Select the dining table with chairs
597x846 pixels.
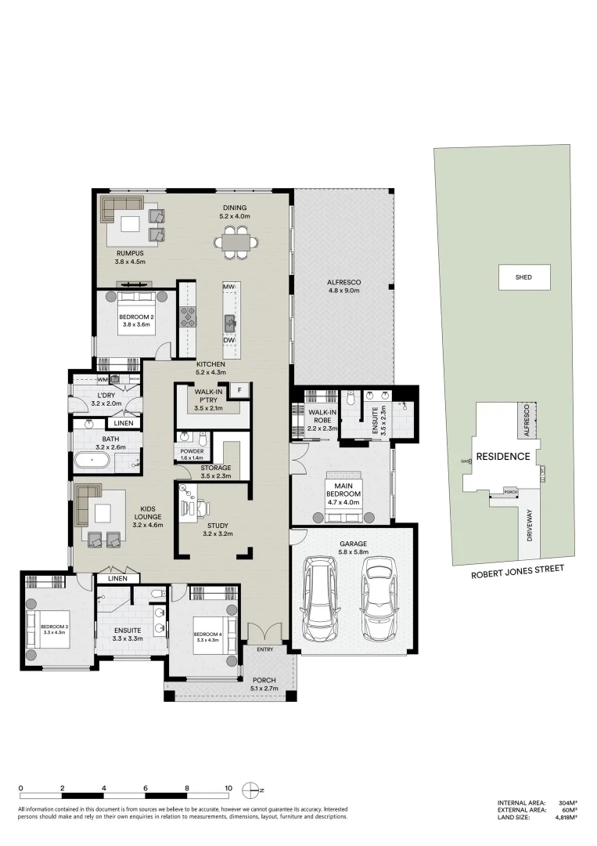point(236,243)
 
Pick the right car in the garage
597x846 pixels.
point(378,597)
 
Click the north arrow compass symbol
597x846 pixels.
point(250,789)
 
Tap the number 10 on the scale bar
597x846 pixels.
point(228,789)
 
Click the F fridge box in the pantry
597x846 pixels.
point(239,389)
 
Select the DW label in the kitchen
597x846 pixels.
point(229,340)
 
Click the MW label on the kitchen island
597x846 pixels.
point(229,287)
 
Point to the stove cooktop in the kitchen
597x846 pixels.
point(189,316)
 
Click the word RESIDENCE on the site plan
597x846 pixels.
point(504,456)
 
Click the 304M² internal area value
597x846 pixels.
point(567,803)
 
